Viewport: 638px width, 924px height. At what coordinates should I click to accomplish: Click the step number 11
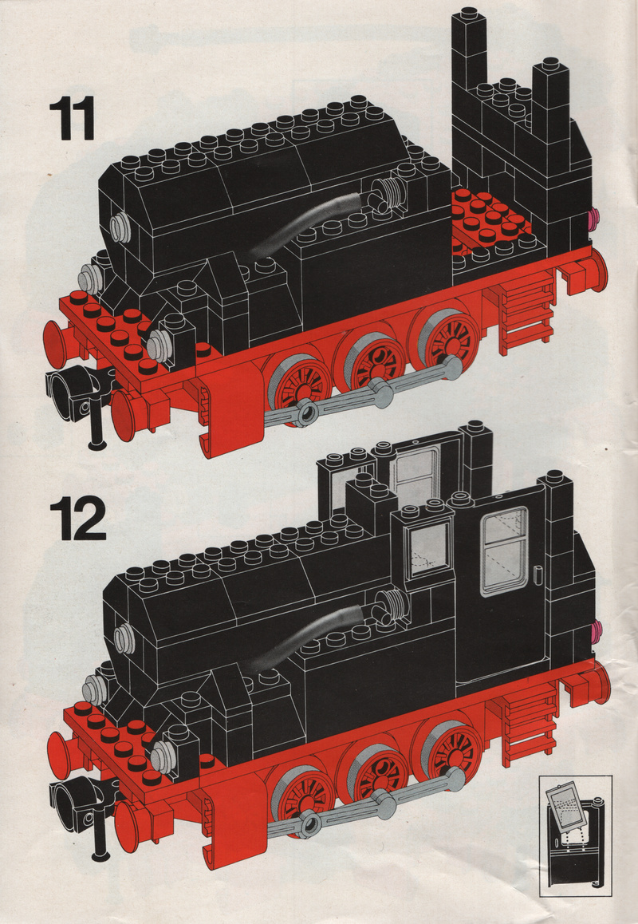pos(72,119)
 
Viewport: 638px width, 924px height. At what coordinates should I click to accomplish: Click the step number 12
pos(78,519)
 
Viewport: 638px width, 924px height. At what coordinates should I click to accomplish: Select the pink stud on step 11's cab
pos(594,218)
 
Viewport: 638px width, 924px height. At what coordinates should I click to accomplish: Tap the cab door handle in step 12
pos(538,574)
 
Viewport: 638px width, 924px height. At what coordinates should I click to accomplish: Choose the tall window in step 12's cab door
pos(504,551)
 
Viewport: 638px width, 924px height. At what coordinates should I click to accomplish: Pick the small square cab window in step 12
pos(429,548)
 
